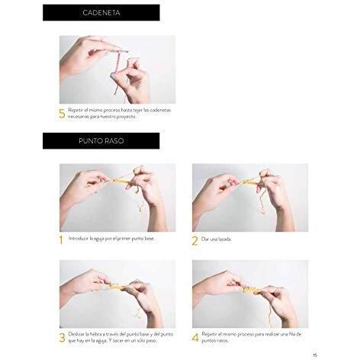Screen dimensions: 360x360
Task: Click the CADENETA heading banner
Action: coord(101,12)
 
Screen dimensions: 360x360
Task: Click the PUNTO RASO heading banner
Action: coord(101,140)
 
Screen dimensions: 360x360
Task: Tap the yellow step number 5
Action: coord(62,114)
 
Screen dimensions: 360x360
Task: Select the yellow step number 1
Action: coord(61,239)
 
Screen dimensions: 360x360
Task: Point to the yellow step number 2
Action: coord(194,241)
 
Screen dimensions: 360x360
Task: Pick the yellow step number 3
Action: coord(62,338)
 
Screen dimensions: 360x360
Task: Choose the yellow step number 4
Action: coord(195,338)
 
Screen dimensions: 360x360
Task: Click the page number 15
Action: coord(315,355)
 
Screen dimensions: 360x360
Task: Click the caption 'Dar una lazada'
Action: coord(217,239)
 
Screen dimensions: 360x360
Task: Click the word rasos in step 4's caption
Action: coord(223,341)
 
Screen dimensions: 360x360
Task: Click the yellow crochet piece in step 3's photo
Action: coord(117,287)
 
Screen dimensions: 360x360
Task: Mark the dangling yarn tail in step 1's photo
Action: coord(140,201)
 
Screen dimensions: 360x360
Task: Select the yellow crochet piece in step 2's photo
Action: coord(250,182)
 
